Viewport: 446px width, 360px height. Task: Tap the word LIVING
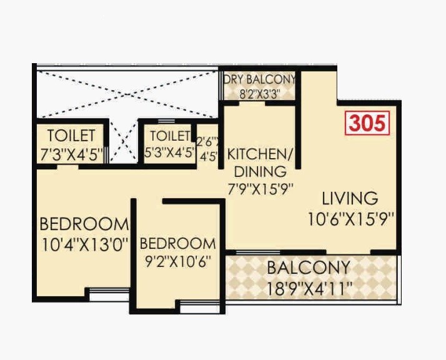point(350,199)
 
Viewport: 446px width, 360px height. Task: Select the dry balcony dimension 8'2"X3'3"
point(260,94)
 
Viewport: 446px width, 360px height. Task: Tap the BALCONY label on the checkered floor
point(309,267)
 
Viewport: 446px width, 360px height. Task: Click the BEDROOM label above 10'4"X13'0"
point(84,224)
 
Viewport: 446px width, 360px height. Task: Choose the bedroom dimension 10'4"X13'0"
point(84,244)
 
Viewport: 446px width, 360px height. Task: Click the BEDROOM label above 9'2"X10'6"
point(177,243)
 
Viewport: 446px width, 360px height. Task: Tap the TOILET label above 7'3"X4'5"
point(71,136)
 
